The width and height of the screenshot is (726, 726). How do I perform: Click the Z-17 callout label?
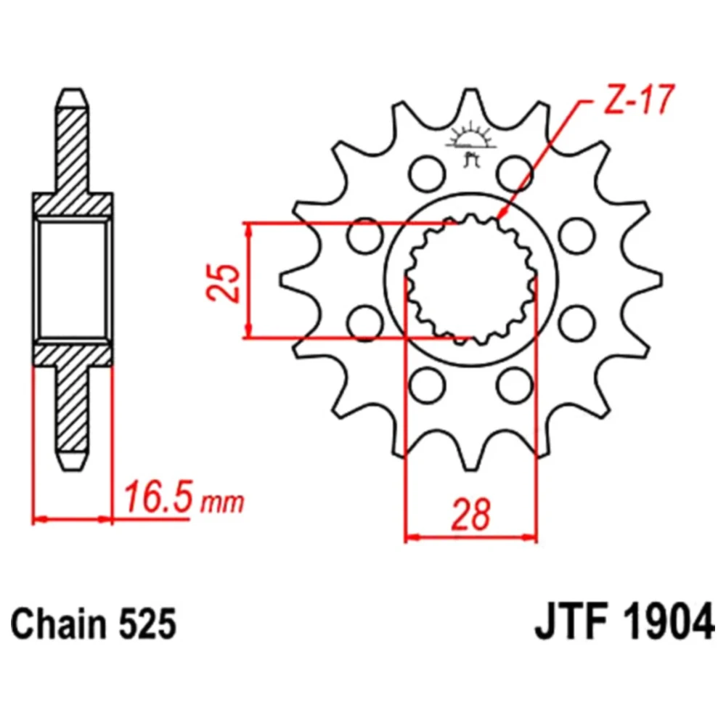coord(638,100)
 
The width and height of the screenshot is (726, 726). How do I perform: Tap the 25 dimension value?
coord(224,282)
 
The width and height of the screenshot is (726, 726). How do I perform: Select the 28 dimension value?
coord(471,515)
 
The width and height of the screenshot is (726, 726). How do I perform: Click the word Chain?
coord(59,624)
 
